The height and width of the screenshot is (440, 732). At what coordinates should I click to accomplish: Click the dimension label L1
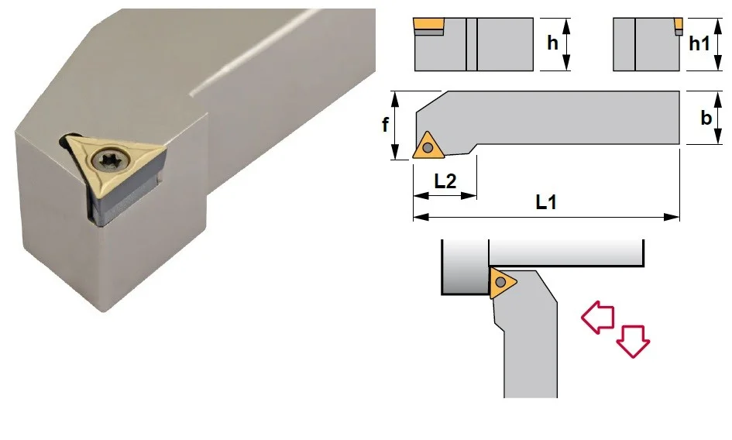pyautogui.click(x=546, y=202)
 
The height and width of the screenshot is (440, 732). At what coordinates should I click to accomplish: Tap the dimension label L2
pyautogui.click(x=445, y=180)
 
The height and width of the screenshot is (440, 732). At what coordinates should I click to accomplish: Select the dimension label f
pyautogui.click(x=385, y=125)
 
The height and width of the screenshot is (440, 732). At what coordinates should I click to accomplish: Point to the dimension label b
pyautogui.click(x=706, y=118)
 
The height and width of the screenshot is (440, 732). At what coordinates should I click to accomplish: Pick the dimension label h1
pyautogui.click(x=699, y=43)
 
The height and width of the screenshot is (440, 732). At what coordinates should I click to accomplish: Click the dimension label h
pyautogui.click(x=553, y=43)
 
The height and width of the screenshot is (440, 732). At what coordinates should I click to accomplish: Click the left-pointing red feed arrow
pyautogui.click(x=598, y=317)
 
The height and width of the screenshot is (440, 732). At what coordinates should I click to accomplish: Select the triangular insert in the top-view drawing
pyautogui.click(x=427, y=146)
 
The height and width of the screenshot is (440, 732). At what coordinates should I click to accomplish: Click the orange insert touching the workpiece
pyautogui.click(x=501, y=283)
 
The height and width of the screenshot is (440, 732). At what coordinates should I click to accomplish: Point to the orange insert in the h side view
pyautogui.click(x=428, y=24)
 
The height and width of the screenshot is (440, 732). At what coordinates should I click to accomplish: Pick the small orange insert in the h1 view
pyautogui.click(x=679, y=23)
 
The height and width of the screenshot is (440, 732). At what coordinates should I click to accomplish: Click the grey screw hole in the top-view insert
pyautogui.click(x=427, y=148)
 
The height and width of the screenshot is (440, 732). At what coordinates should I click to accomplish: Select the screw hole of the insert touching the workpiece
pyautogui.click(x=500, y=282)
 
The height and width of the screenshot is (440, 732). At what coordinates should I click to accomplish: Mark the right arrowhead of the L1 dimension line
pyautogui.click(x=672, y=217)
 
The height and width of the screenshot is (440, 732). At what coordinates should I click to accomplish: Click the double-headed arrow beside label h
pyautogui.click(x=566, y=44)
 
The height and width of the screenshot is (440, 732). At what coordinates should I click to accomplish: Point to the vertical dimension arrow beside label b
pyautogui.click(x=718, y=118)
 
